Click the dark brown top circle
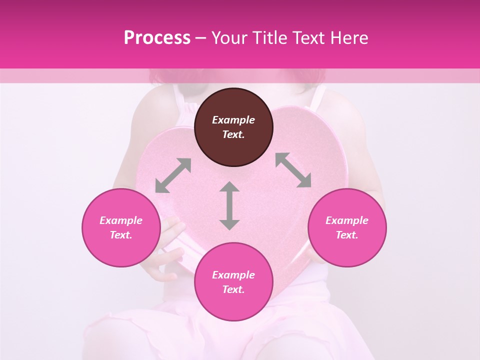point(233,127)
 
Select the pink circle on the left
point(121,227)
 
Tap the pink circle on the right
point(347,227)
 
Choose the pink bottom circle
point(233,282)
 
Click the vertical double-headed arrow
point(229,205)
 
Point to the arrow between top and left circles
point(173,175)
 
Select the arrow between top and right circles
point(293,170)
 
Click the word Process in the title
point(157,37)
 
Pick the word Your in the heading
point(229,37)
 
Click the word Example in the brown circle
point(233,120)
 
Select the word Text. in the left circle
point(121,235)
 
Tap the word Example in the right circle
point(347,220)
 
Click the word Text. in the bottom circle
point(233,289)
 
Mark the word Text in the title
point(308,37)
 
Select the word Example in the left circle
point(121,220)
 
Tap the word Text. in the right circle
point(347,235)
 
